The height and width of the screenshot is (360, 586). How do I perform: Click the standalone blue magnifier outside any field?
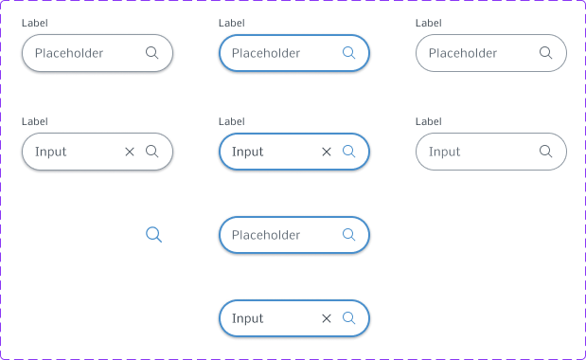click(x=153, y=234)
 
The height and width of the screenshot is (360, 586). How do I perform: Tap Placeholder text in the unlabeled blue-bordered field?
click(x=266, y=235)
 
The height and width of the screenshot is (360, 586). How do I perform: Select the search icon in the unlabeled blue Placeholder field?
click(x=348, y=235)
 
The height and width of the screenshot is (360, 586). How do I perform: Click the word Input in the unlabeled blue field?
click(x=247, y=318)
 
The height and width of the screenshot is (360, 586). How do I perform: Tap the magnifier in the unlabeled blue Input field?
click(x=348, y=318)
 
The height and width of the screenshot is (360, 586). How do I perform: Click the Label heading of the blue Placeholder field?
click(x=232, y=23)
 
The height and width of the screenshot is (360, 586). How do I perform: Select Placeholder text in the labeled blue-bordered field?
click(x=266, y=53)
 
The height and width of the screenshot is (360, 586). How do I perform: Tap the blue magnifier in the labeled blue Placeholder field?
click(x=348, y=53)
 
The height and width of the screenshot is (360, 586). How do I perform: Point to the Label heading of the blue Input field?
click(x=232, y=121)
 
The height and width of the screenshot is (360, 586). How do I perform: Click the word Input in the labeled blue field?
click(x=247, y=152)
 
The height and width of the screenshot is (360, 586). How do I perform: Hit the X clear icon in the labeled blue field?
click(x=327, y=152)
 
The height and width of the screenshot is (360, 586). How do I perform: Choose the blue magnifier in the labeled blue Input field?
click(x=348, y=152)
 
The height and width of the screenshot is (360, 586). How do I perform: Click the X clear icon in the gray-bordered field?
click(x=130, y=152)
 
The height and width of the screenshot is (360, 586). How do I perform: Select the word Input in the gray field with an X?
click(x=50, y=152)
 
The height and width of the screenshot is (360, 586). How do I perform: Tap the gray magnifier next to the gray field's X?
click(x=151, y=152)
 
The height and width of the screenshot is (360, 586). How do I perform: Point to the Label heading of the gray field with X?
click(x=35, y=121)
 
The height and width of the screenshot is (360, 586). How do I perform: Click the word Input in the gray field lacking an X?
click(x=444, y=152)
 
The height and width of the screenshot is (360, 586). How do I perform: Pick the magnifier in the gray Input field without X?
click(x=545, y=152)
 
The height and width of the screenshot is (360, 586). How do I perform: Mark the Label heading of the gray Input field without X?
click(x=429, y=121)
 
